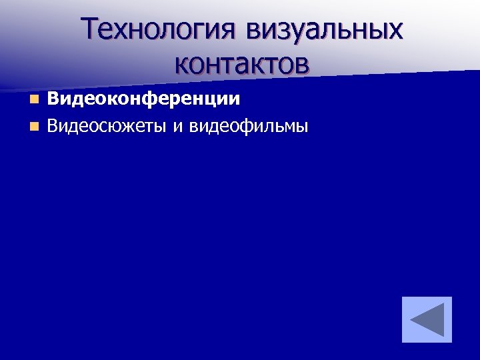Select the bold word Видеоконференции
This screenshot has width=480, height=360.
click(143, 99)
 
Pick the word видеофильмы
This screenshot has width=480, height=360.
click(249, 125)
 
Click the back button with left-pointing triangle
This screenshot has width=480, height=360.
click(427, 319)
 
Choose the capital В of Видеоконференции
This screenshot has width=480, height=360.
click(53, 99)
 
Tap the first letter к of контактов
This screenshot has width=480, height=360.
click(182, 64)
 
